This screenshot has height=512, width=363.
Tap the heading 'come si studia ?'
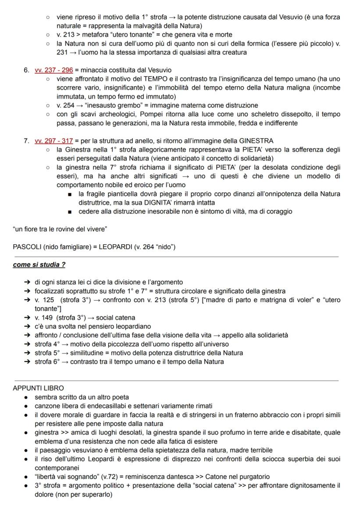(39, 265)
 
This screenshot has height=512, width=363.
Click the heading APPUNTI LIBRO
(38, 388)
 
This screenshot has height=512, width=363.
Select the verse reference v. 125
(44, 300)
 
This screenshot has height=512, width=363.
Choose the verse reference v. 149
(44, 317)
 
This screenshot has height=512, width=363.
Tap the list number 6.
(26, 70)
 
